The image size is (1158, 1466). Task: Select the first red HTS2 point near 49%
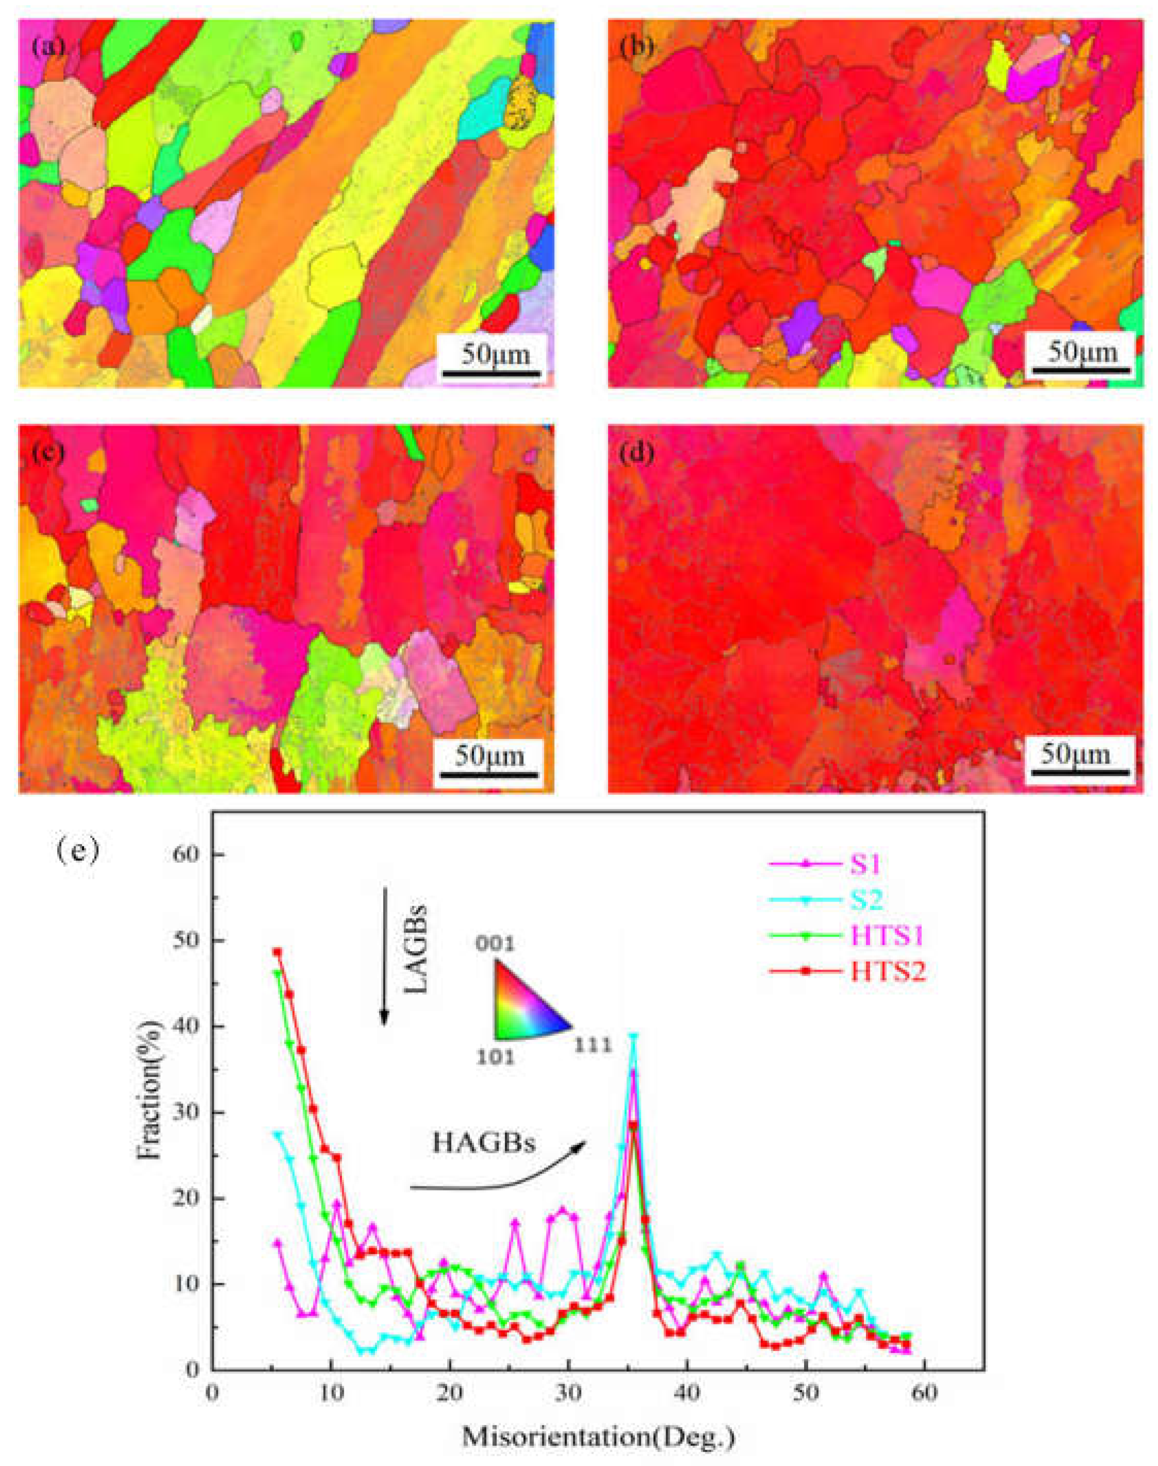pyautogui.click(x=277, y=951)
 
